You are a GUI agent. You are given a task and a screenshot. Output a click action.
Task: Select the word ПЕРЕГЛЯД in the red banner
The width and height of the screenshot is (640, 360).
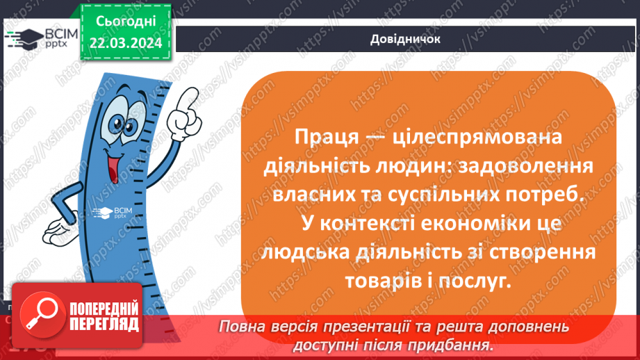coord(104,325)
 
